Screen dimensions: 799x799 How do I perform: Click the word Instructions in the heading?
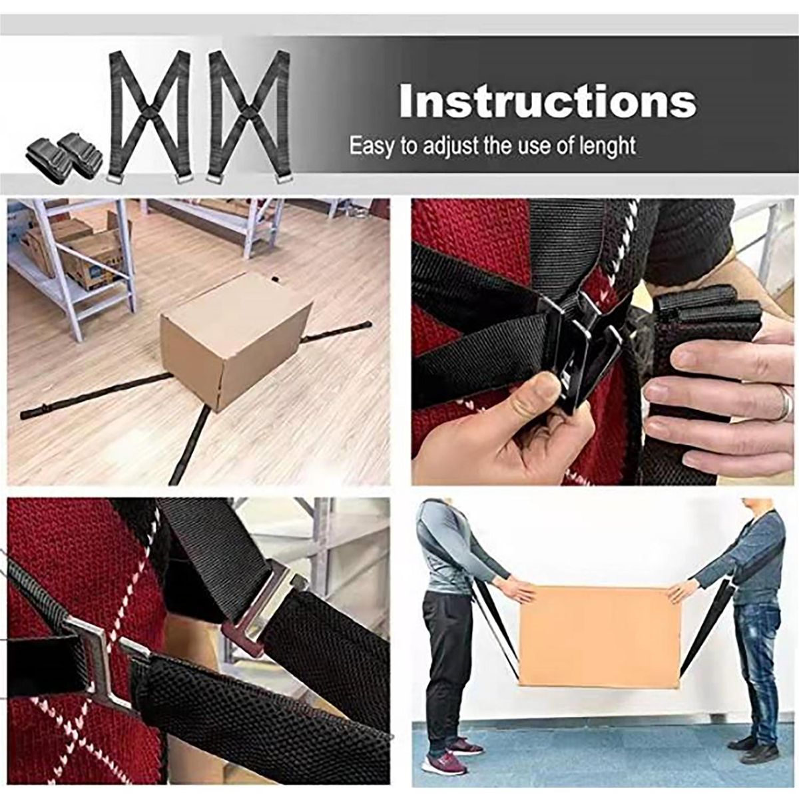click(x=547, y=103)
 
